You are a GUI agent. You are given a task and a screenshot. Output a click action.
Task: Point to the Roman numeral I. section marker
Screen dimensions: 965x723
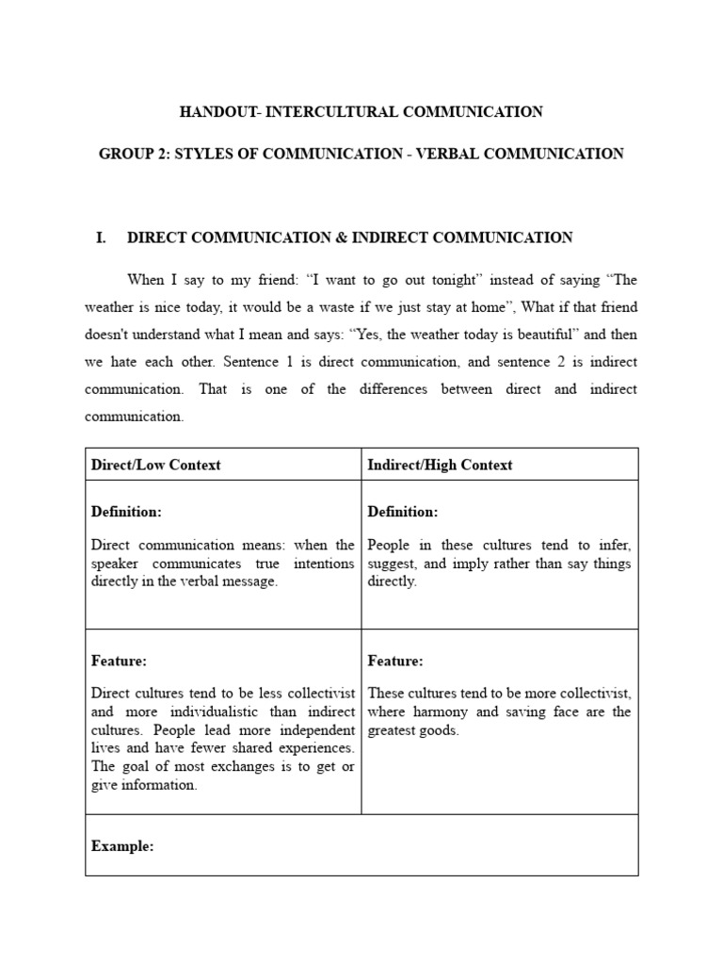coord(101,238)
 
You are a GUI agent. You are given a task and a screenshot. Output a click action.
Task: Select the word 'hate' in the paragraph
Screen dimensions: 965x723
coord(128,362)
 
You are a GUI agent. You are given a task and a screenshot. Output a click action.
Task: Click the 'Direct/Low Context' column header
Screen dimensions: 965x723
coord(155,465)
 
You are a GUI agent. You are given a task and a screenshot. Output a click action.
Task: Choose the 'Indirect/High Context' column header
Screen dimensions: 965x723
coord(440,465)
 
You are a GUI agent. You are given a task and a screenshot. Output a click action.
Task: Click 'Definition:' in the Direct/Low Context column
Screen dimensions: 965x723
coord(126,512)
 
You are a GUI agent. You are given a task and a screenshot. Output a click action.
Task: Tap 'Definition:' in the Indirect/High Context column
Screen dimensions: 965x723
coord(402,512)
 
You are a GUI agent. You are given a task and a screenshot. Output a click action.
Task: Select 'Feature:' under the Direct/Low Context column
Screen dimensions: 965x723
coord(119,662)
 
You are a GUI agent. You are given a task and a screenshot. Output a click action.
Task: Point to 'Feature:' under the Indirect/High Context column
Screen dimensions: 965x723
coord(394,662)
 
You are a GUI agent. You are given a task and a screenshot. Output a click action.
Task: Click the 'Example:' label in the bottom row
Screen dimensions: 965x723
coord(122,846)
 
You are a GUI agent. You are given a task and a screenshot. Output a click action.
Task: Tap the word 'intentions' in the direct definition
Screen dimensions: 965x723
coord(322,564)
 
